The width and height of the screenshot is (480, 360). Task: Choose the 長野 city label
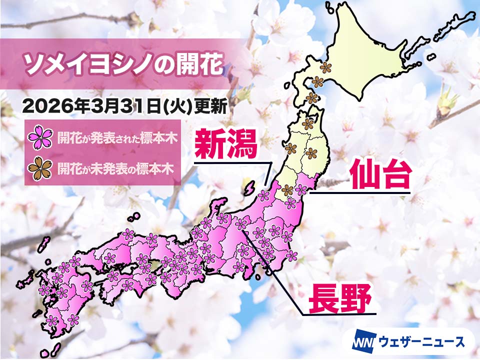pyautogui.click(x=340, y=298)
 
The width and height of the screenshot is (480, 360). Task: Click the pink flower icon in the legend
pyautogui.click(x=41, y=138)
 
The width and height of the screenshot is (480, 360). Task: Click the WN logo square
pyautogui.click(x=360, y=342)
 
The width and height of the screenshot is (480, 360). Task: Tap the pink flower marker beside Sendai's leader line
pyautogui.click(x=301, y=189)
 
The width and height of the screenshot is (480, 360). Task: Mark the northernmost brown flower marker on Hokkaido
pyautogui.click(x=326, y=66)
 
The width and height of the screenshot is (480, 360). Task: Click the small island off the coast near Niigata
pyautogui.click(x=247, y=190)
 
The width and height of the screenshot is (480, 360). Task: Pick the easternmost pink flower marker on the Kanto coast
pyautogui.click(x=291, y=256)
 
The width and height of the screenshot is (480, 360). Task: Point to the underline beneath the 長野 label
pyautogui.click(x=340, y=315)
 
